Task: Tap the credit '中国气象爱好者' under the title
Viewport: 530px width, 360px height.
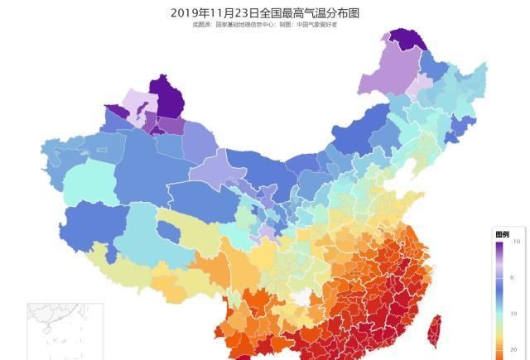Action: coord(314,25)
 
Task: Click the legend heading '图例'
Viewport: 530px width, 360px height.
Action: coord(502,234)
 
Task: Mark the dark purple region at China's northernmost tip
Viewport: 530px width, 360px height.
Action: coord(404,39)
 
